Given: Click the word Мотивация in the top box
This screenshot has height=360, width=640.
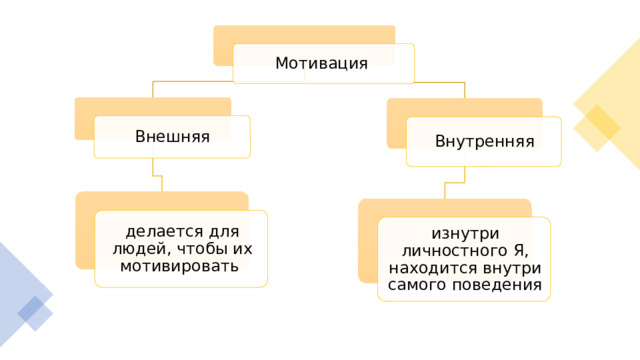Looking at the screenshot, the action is (x=321, y=63).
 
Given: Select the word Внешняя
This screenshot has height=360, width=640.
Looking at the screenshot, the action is (x=172, y=136).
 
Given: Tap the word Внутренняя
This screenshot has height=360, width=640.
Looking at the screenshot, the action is (x=484, y=142).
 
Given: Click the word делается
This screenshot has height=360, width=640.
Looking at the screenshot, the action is (x=164, y=232).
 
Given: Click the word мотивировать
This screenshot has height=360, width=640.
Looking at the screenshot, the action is (x=179, y=266).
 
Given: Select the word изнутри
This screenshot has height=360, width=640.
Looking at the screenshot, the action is (x=465, y=234).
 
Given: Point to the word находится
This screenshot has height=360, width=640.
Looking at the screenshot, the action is (x=433, y=269).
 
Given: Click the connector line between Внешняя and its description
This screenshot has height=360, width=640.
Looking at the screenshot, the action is (x=157, y=176).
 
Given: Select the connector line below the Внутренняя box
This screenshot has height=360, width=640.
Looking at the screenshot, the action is (x=455, y=182).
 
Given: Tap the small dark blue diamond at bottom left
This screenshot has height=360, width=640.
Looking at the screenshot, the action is (x=30, y=309).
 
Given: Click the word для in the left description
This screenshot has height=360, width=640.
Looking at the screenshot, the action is (x=224, y=232).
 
